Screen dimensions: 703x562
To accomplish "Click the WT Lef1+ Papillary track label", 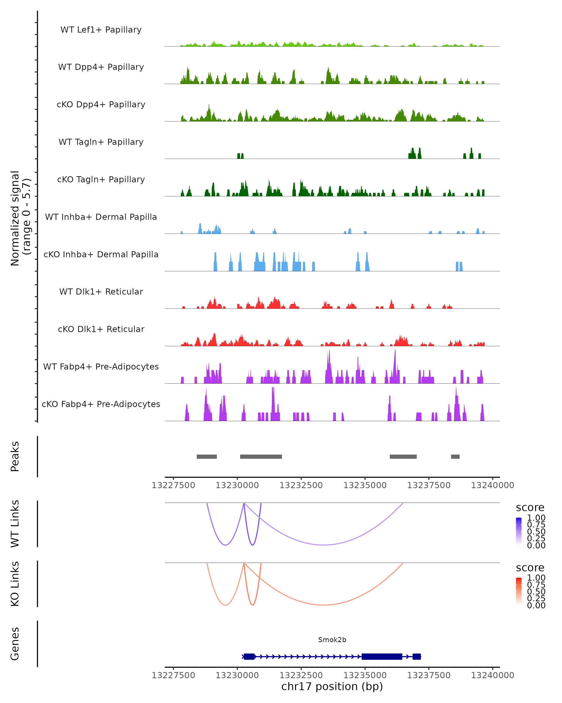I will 101,30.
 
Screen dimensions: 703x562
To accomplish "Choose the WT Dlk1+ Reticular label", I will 101,292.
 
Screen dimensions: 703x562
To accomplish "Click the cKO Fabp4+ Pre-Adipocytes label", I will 101,404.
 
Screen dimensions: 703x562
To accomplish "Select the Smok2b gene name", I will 332,640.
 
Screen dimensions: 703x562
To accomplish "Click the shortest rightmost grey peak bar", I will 455,456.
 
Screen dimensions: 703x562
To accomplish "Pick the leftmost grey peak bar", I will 207,456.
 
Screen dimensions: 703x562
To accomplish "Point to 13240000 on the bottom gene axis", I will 492,675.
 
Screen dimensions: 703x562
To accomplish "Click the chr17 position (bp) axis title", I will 332,687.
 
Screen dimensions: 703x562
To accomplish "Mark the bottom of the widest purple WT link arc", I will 324,545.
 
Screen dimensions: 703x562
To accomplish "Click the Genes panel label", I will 15,644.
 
